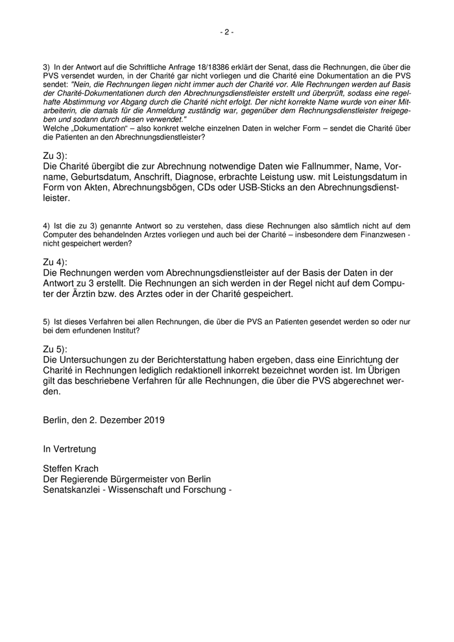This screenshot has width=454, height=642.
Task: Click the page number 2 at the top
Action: (x=227, y=32)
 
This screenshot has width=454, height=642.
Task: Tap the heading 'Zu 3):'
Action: (x=55, y=156)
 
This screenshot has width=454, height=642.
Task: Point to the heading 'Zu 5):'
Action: (x=55, y=348)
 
